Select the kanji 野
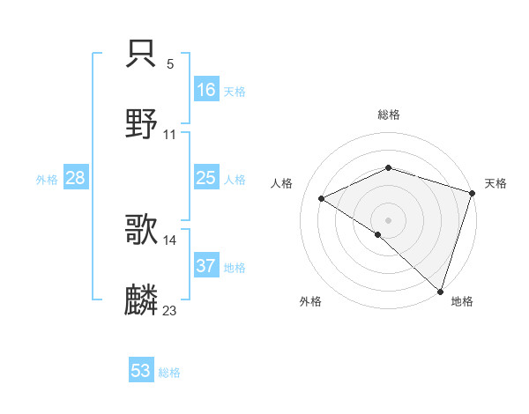142,124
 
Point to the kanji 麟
142,300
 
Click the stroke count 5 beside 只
170,64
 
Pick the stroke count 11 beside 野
170,135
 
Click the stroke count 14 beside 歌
170,240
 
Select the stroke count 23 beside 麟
170,310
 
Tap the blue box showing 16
206,90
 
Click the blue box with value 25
206,178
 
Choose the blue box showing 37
206,266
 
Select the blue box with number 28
76,178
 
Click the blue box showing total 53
141,371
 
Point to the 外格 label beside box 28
47,179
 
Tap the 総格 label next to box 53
169,372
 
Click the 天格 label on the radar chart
495,183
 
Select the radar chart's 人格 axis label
282,183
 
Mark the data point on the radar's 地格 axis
441,291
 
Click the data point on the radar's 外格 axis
378,234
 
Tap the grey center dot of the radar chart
389,219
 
